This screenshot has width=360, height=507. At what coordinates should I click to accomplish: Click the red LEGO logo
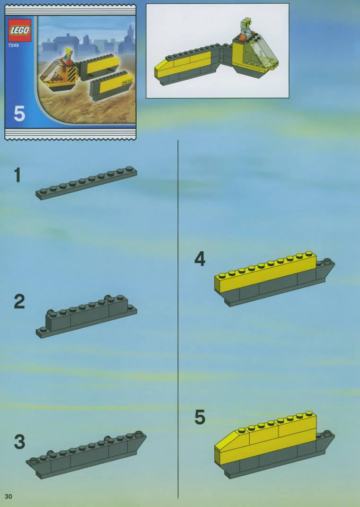coord(20,30)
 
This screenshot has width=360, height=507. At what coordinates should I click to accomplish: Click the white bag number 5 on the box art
coord(19,114)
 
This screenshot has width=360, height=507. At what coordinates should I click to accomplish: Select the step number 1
coord(18,175)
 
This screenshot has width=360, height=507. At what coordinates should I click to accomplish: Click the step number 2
coord(19,302)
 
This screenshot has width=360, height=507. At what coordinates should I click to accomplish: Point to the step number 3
coord(19,442)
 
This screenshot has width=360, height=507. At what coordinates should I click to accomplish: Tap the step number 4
coord(200,259)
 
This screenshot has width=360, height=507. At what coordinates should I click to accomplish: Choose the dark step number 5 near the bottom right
coord(200,417)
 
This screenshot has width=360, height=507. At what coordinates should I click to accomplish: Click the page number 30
coord(9,496)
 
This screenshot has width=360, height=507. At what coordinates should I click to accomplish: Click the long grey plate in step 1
coord(86,183)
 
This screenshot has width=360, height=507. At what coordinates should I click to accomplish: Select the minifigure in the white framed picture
coord(246,27)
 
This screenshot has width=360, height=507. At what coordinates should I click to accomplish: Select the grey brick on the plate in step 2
coord(87,313)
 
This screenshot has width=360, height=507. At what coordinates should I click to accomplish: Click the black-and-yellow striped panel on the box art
coord(71,75)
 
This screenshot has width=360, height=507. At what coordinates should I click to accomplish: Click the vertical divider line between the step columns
coord(178,319)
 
